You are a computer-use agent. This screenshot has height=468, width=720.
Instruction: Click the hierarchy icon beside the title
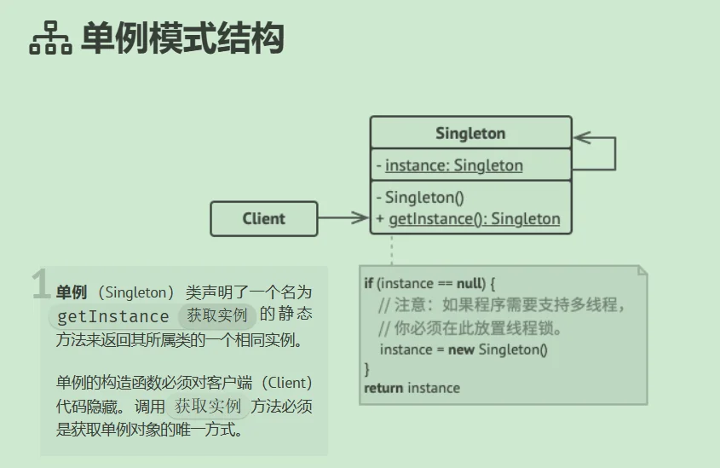coord(50,39)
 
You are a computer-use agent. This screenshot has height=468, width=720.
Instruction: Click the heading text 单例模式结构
coord(181,39)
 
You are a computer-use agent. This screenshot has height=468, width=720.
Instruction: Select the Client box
coord(263,218)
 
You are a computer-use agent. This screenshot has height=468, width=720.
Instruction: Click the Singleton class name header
coord(470,133)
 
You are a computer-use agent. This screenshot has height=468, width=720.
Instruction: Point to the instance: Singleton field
coord(453,165)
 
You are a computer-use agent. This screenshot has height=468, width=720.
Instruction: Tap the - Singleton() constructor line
coord(423,198)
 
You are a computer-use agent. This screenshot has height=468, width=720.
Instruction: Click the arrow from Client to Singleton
coord(343,218)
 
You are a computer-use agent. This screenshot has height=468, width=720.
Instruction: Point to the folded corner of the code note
coord(642,272)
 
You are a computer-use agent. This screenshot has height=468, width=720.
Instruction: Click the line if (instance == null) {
coord(429,283)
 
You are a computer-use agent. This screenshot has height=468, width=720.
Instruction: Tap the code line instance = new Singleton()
coord(464,350)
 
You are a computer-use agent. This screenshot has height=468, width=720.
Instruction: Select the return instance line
coord(412,389)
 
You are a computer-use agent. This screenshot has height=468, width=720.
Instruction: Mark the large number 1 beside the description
coord(40,286)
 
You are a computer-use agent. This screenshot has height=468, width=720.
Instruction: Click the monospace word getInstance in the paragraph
coord(112,316)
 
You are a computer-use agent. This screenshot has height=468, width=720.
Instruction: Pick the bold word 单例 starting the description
coord(72,292)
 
